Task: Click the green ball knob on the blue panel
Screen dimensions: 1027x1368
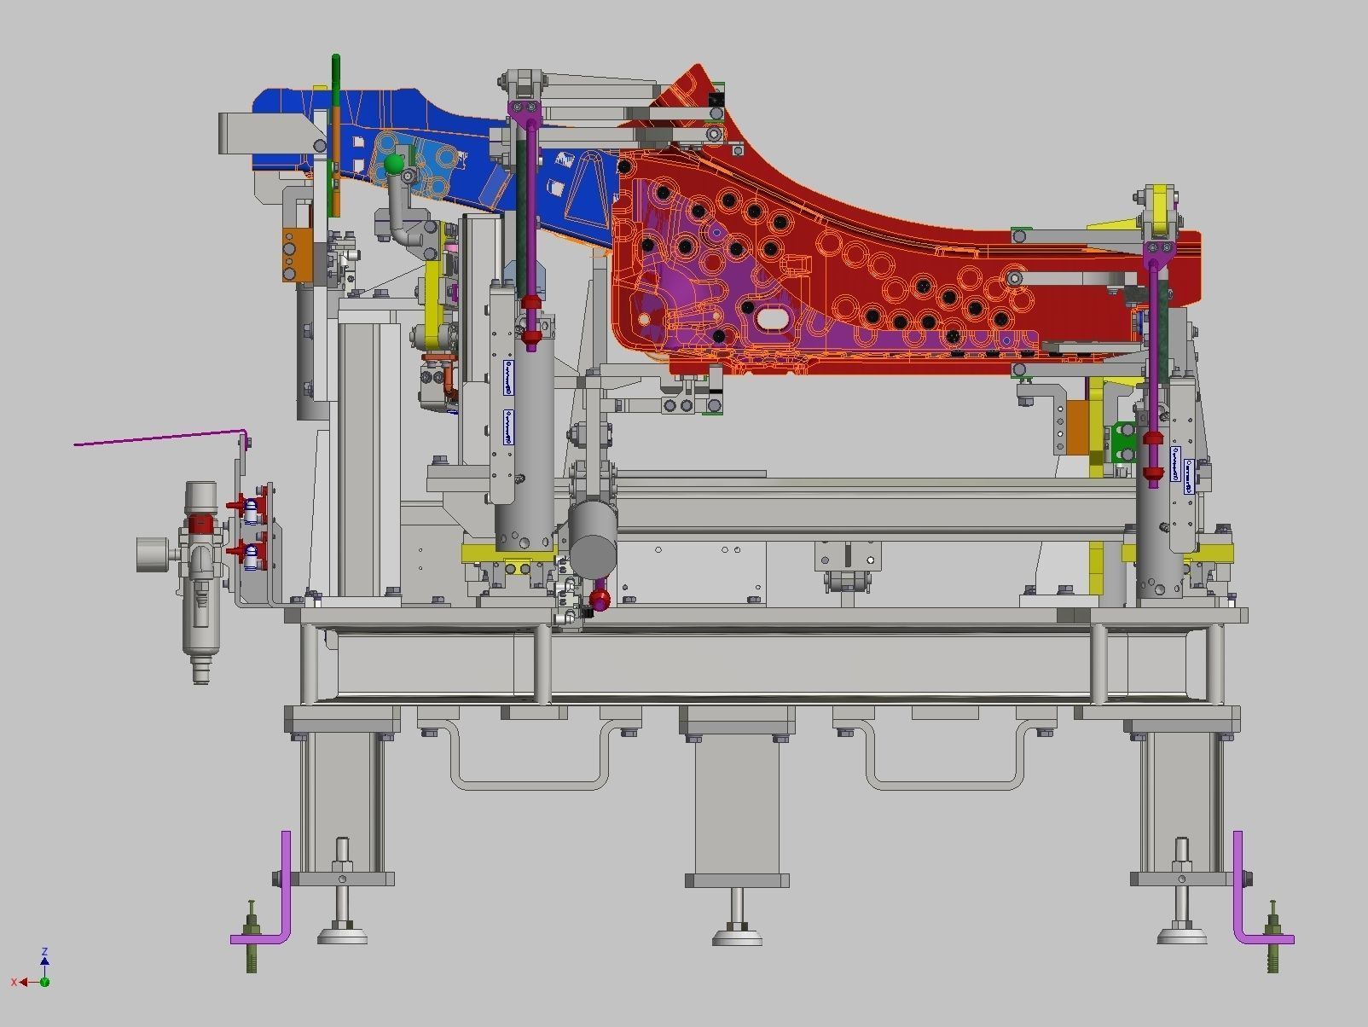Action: point(393,164)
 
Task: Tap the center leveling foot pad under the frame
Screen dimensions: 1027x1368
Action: point(737,936)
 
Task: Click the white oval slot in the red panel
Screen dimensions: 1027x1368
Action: point(773,319)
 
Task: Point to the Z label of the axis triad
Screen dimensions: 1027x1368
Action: point(44,951)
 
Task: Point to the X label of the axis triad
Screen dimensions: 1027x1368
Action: point(14,983)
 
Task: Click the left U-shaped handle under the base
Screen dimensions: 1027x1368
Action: point(527,759)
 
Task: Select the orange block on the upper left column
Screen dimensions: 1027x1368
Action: point(292,253)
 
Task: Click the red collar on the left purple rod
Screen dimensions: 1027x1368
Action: point(531,305)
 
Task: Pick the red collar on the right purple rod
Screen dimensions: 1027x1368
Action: point(1153,439)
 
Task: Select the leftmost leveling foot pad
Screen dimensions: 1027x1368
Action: point(342,934)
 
